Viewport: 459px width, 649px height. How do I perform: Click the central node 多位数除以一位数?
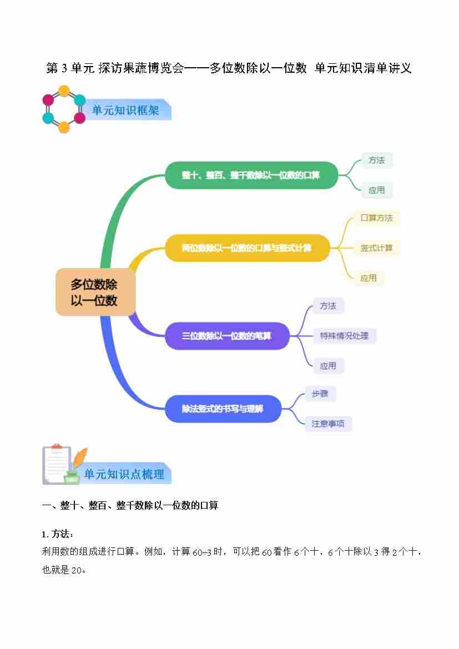[95, 293]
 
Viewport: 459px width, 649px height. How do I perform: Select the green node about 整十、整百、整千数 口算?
[251, 175]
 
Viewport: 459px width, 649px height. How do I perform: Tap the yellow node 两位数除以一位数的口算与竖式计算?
[247, 248]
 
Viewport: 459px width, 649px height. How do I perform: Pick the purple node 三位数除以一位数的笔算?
[227, 336]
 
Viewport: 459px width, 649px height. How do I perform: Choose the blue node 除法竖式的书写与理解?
[223, 409]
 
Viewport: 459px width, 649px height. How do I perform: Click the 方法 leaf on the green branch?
[376, 160]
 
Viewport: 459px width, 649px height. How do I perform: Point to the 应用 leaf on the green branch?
[376, 190]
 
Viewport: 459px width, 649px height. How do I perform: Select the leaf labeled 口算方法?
[376, 218]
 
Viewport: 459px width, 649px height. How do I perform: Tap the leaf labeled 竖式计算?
[376, 248]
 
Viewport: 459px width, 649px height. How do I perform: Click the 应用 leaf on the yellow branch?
[368, 278]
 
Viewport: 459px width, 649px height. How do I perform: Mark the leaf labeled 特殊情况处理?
[344, 336]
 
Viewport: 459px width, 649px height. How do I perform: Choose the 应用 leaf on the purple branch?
[328, 366]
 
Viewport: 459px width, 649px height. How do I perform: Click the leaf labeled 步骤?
[320, 394]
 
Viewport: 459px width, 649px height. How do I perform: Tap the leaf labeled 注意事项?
[328, 424]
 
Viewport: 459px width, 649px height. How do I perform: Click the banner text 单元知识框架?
[125, 110]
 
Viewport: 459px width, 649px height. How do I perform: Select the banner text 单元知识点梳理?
[124, 475]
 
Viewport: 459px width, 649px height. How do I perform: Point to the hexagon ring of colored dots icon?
[64, 109]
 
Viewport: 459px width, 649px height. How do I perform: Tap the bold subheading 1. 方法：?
[57, 534]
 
